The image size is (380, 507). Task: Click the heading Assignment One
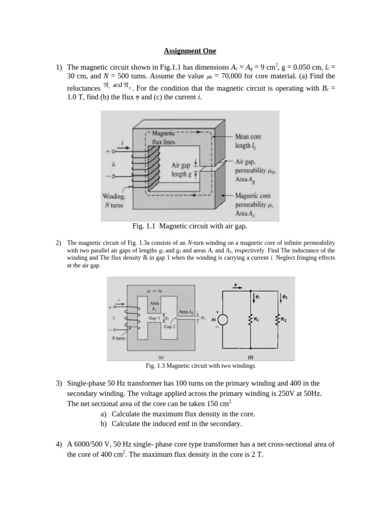coord(190,51)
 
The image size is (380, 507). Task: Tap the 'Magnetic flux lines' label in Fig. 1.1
coord(163,137)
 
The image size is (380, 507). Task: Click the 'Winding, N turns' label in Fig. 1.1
coord(115,200)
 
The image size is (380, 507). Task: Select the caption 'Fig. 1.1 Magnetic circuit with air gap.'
coord(190,226)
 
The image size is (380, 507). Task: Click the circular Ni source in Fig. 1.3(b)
coord(223,320)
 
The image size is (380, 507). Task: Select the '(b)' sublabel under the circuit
coord(250,356)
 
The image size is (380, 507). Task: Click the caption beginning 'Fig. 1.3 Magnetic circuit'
coord(200,366)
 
